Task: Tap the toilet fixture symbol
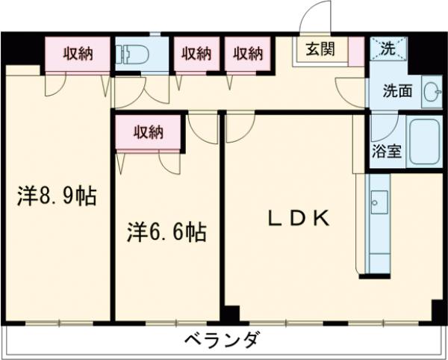pyautogui.click(x=134, y=54)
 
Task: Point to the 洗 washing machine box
pyautogui.click(x=388, y=50)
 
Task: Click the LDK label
pyautogui.click(x=299, y=218)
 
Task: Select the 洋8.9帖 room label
pyautogui.click(x=57, y=197)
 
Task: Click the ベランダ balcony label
pyautogui.click(x=223, y=341)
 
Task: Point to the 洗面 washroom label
pyautogui.click(x=397, y=92)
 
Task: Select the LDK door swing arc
pyautogui.click(x=239, y=128)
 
